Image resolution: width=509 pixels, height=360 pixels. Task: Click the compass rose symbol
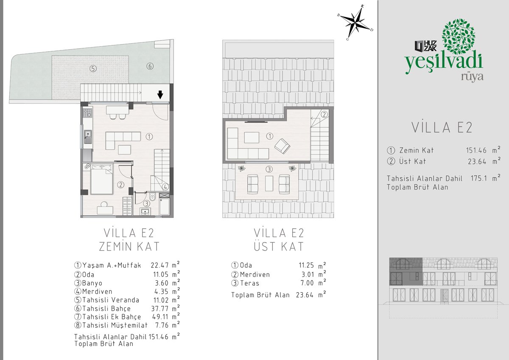pyautogui.click(x=355, y=23)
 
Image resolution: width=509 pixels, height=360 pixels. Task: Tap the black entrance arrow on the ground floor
pyautogui.click(x=160, y=95)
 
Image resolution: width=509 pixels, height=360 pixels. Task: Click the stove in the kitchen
pyautogui.click(x=87, y=113)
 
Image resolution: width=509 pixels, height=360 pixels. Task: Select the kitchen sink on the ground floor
pyautogui.click(x=88, y=137)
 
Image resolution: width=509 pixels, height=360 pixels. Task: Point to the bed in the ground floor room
pyautogui.click(x=102, y=179)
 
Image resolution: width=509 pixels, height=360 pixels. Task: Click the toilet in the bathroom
pyautogui.click(x=152, y=197)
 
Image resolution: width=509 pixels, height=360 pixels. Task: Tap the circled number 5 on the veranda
pyautogui.click(x=93, y=68)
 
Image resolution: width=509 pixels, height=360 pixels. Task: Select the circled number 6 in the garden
pyautogui.click(x=150, y=66)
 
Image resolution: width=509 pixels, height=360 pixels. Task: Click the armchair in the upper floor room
pyautogui.click(x=282, y=146)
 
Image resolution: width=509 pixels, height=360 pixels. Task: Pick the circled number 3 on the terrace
pyautogui.click(x=269, y=169)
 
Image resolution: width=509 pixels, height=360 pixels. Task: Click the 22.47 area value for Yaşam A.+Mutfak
pyautogui.click(x=160, y=265)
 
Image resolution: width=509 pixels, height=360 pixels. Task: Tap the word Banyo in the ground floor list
pyautogui.click(x=92, y=283)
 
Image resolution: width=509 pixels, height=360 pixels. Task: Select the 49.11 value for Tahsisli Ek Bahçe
pyautogui.click(x=160, y=317)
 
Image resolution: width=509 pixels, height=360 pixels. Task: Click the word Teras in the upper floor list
pyautogui.click(x=249, y=283)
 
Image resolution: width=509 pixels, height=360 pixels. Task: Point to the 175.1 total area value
pyautogui.click(x=479, y=178)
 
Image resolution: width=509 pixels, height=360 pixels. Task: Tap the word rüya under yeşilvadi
pyautogui.click(x=472, y=77)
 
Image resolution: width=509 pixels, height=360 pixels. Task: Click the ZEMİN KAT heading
pyautogui.click(x=129, y=247)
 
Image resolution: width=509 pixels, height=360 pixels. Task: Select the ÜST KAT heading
pyautogui.click(x=279, y=246)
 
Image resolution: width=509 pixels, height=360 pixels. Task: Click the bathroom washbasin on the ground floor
pyautogui.click(x=145, y=212)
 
